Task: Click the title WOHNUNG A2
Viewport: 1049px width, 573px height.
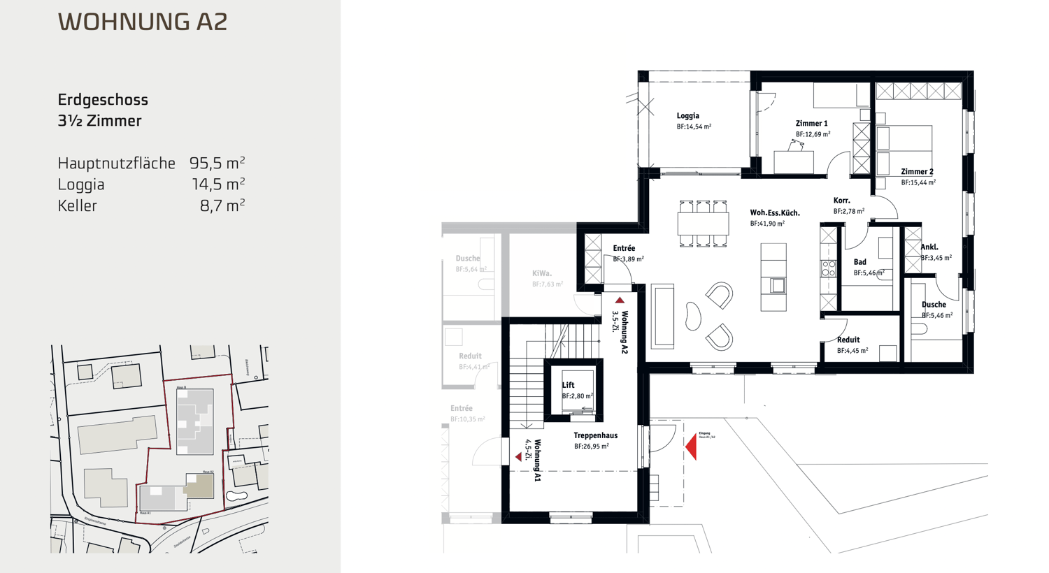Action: pos(143,22)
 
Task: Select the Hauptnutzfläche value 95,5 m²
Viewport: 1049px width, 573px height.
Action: pos(217,164)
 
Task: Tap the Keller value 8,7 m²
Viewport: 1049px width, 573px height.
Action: pos(222,206)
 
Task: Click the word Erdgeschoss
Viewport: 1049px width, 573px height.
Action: pos(103,100)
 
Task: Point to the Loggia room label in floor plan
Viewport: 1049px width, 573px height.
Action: pos(687,116)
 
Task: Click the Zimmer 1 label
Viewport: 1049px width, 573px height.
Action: pos(811,124)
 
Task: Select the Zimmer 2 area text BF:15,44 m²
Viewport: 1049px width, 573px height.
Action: pos(918,182)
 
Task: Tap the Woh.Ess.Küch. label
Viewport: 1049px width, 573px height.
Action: pos(774,213)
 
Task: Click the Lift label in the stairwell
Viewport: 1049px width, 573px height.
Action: pos(568,385)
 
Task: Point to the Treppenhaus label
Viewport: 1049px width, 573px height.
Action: pos(595,435)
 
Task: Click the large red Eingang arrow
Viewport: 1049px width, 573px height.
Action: pos(691,446)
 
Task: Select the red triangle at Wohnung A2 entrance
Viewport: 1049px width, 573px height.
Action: pos(620,300)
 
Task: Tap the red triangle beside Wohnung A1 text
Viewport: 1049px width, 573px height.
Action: pos(518,456)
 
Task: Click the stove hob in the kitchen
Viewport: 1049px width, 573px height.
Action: pos(829,268)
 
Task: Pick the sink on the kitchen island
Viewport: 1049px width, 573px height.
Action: pos(777,285)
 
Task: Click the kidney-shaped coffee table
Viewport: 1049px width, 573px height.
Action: pos(692,316)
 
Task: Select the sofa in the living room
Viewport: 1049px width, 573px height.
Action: pos(662,316)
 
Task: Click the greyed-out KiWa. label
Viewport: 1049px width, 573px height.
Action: pos(541,273)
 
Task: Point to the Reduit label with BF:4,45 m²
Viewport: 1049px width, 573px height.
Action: pos(848,340)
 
